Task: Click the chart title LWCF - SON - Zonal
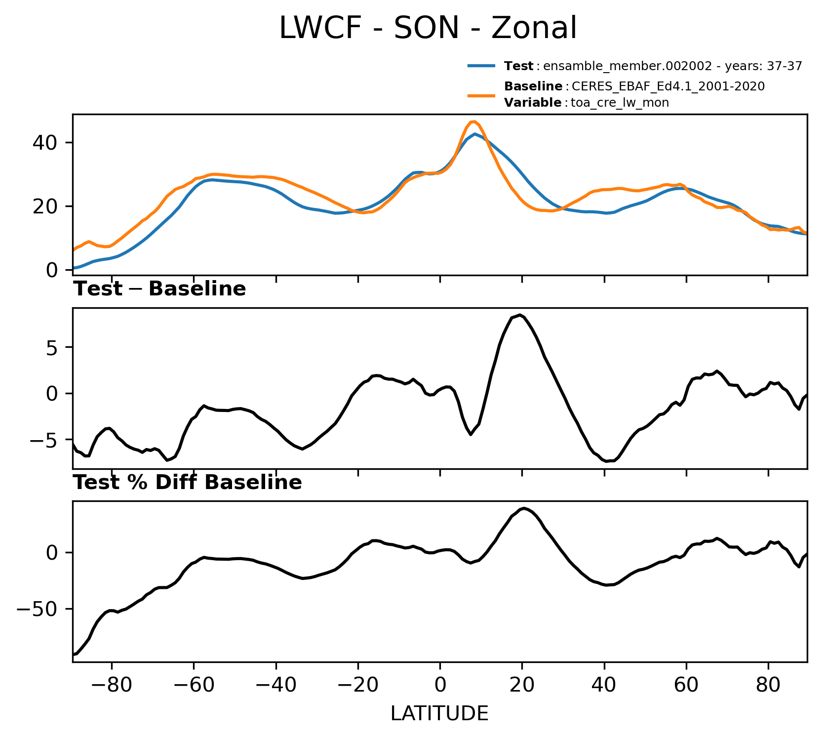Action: click(428, 28)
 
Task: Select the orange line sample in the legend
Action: click(481, 95)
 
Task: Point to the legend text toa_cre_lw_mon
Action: click(620, 103)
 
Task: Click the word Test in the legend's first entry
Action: click(518, 66)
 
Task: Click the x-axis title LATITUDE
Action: click(439, 713)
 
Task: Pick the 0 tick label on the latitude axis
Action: click(440, 685)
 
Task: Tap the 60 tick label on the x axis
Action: click(686, 685)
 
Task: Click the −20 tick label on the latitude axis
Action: click(358, 685)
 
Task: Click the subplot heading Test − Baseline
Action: click(159, 289)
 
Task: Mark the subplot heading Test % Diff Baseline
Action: click(188, 483)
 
